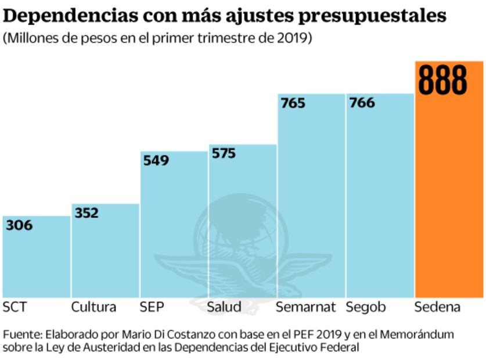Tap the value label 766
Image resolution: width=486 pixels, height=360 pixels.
[x=362, y=103]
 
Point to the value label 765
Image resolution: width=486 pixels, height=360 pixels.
[x=293, y=103]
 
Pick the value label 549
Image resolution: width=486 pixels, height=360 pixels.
[x=156, y=160]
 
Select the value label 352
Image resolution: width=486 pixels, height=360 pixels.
[x=87, y=213]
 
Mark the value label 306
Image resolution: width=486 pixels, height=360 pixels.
[x=19, y=225]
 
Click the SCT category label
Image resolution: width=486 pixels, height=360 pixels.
[x=15, y=307]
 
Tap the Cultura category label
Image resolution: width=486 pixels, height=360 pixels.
[x=93, y=307]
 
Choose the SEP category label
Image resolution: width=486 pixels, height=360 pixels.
[x=152, y=307]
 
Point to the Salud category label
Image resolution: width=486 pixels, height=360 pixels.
[x=224, y=307]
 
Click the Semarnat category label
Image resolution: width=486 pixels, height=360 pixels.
[x=306, y=307]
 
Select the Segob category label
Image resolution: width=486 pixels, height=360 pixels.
[x=366, y=307]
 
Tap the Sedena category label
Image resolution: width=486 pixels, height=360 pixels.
[x=437, y=307]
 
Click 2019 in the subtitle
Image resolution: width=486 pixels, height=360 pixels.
[x=294, y=38]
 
